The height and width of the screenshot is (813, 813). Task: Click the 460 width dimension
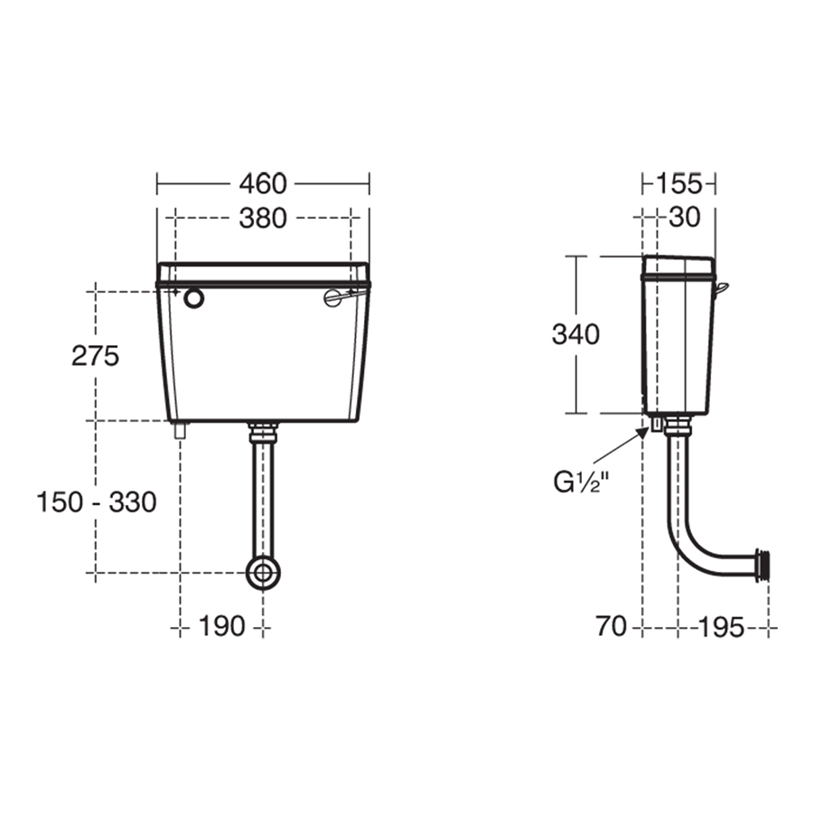click(x=263, y=183)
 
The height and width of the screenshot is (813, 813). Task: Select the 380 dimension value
click(x=263, y=218)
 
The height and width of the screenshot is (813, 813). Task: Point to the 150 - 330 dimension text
click(x=96, y=501)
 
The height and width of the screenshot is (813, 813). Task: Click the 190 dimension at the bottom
click(x=221, y=625)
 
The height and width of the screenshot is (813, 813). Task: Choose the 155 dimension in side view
click(x=678, y=183)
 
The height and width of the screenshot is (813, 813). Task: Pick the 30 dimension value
click(x=684, y=218)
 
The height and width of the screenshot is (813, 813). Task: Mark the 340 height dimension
click(x=575, y=334)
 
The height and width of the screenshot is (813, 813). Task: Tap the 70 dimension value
click(x=612, y=626)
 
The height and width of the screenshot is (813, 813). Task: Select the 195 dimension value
click(x=721, y=626)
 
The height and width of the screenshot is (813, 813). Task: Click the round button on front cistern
click(x=193, y=299)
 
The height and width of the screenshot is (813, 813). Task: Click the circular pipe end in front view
click(x=263, y=572)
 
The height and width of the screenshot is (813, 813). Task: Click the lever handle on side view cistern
click(x=721, y=287)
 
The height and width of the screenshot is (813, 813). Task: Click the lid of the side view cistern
click(x=678, y=266)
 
